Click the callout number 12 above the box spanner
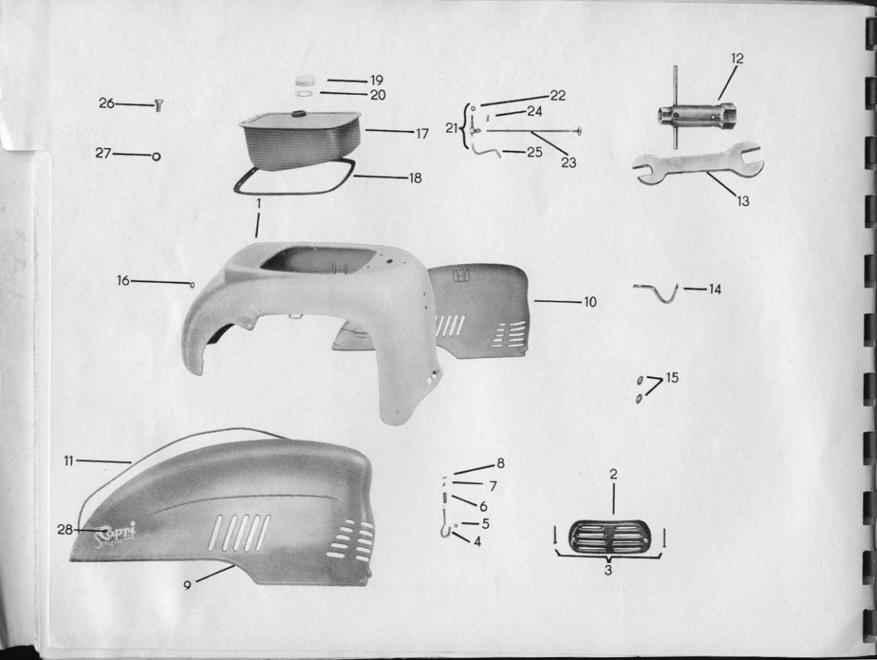point(737,58)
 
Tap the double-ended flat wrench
point(697,164)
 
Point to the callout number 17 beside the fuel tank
point(422,134)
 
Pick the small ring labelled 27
point(156,156)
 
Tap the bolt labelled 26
point(158,106)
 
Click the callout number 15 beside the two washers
point(672,378)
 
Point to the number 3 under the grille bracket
point(608,569)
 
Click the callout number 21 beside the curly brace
point(452,128)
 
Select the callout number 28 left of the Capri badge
point(65,530)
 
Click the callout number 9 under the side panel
point(187,585)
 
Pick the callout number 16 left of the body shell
point(123,281)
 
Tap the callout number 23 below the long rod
point(569,162)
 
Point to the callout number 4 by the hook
point(477,542)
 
